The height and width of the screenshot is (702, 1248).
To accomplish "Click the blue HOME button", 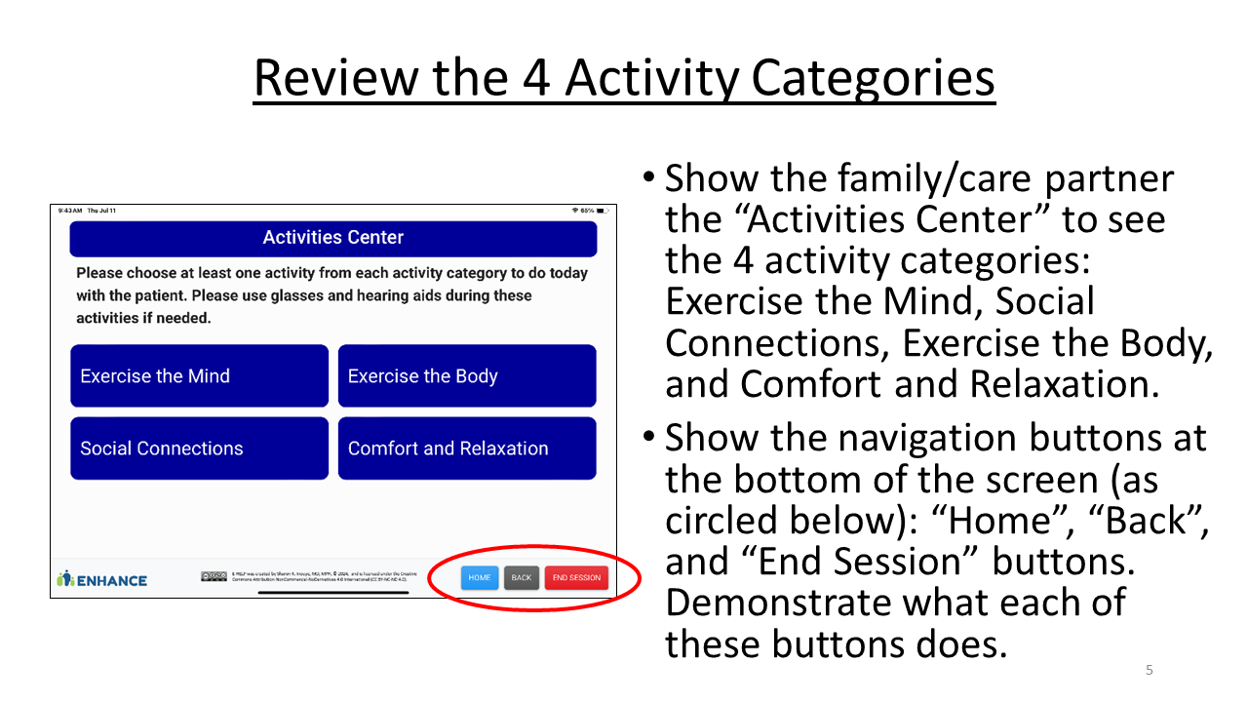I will point(479,578).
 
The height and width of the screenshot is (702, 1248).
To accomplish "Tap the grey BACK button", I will point(522,578).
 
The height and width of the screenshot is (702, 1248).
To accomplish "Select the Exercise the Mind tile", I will point(199,376).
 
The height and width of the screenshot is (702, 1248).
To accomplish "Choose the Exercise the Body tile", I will point(467,376).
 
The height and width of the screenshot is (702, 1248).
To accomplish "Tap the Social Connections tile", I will point(199,448).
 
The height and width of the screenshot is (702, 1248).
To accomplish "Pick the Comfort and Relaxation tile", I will point(467,448).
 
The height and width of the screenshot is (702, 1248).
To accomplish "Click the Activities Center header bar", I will point(332,238).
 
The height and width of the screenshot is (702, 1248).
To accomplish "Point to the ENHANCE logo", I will point(102,579).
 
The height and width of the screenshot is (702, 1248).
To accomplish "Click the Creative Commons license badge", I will point(214,576).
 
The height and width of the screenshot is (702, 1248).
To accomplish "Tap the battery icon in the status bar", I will point(603,211).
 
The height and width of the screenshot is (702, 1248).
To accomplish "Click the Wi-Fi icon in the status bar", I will point(575,211).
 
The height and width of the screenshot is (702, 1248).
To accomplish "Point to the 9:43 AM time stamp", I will point(70,211).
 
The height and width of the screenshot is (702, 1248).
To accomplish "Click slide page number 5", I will point(1149,670).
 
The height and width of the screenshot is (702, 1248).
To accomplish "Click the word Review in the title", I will point(333,78).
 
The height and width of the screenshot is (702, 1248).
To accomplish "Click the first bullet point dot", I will point(649,180).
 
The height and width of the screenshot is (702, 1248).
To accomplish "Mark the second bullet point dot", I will point(649,440).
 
